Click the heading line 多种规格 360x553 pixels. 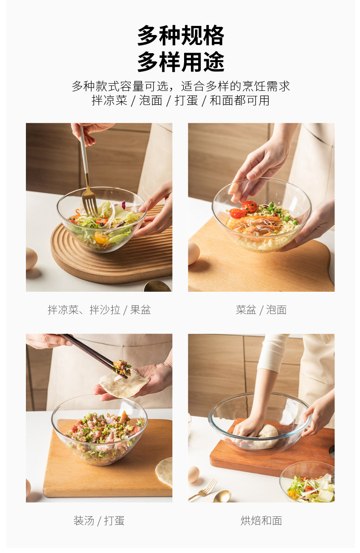[x=180, y=35]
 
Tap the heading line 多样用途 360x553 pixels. [x=180, y=62]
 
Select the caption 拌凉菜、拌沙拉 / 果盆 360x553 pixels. [x=99, y=309]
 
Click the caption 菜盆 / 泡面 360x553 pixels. [x=261, y=309]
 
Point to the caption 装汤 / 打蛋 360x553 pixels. [x=99, y=521]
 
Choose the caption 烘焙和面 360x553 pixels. [x=261, y=521]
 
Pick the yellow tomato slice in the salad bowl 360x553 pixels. [x=101, y=238]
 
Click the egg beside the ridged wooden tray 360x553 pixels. [x=31, y=259]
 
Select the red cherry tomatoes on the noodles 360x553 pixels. [x=244, y=210]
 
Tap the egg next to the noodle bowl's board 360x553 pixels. [x=194, y=253]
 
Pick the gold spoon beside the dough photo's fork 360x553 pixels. [x=222, y=496]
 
